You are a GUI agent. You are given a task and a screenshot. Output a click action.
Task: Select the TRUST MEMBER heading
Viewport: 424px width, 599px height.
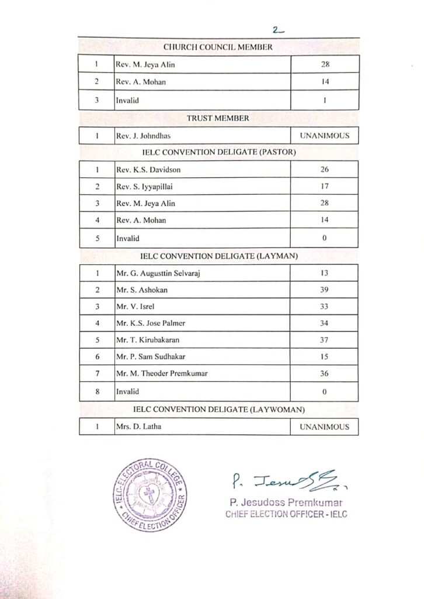(218, 118)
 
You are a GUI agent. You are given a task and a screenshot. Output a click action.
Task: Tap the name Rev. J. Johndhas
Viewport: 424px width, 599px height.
(141, 136)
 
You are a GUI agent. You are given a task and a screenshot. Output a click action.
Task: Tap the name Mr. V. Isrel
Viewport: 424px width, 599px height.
(133, 306)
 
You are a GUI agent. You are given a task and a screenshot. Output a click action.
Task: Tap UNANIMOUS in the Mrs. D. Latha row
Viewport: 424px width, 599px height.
(325, 427)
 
